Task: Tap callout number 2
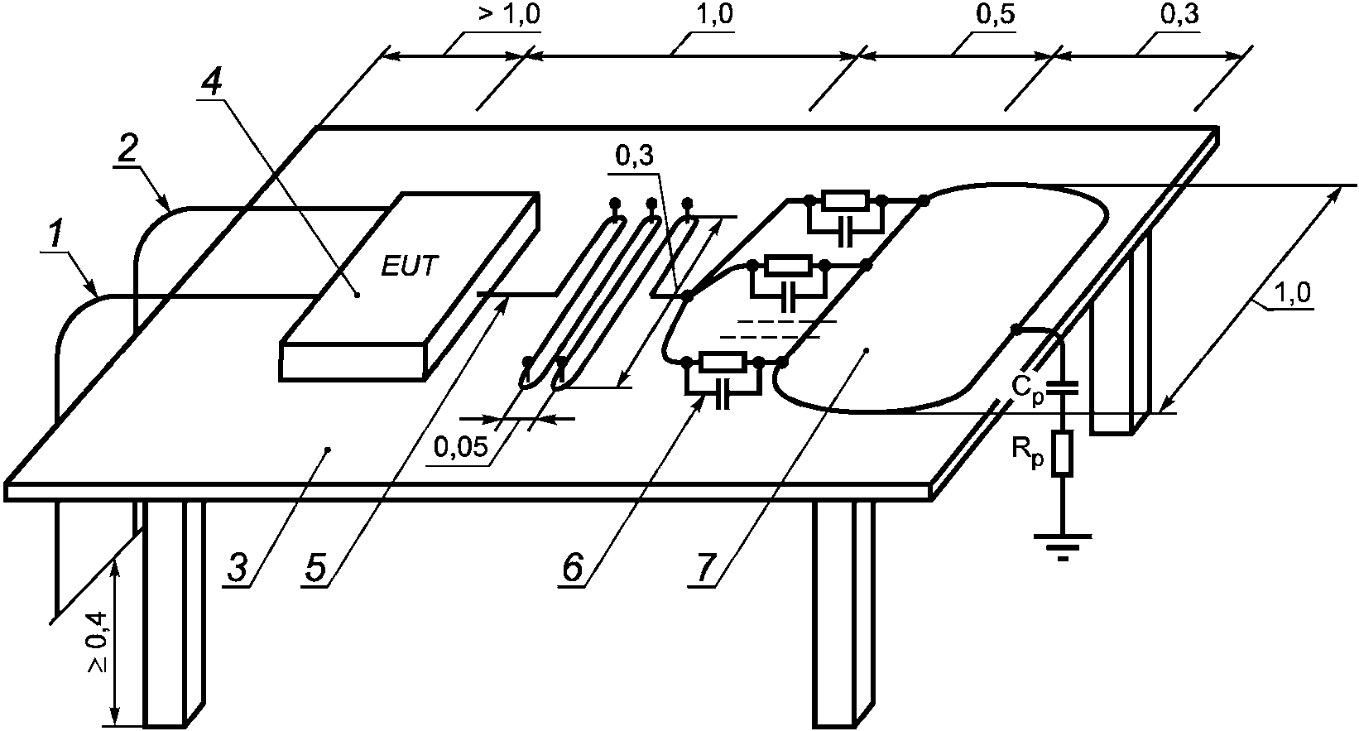click(127, 150)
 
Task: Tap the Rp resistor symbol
click(1063, 454)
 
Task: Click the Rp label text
click(1027, 453)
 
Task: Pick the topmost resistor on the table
click(844, 200)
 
